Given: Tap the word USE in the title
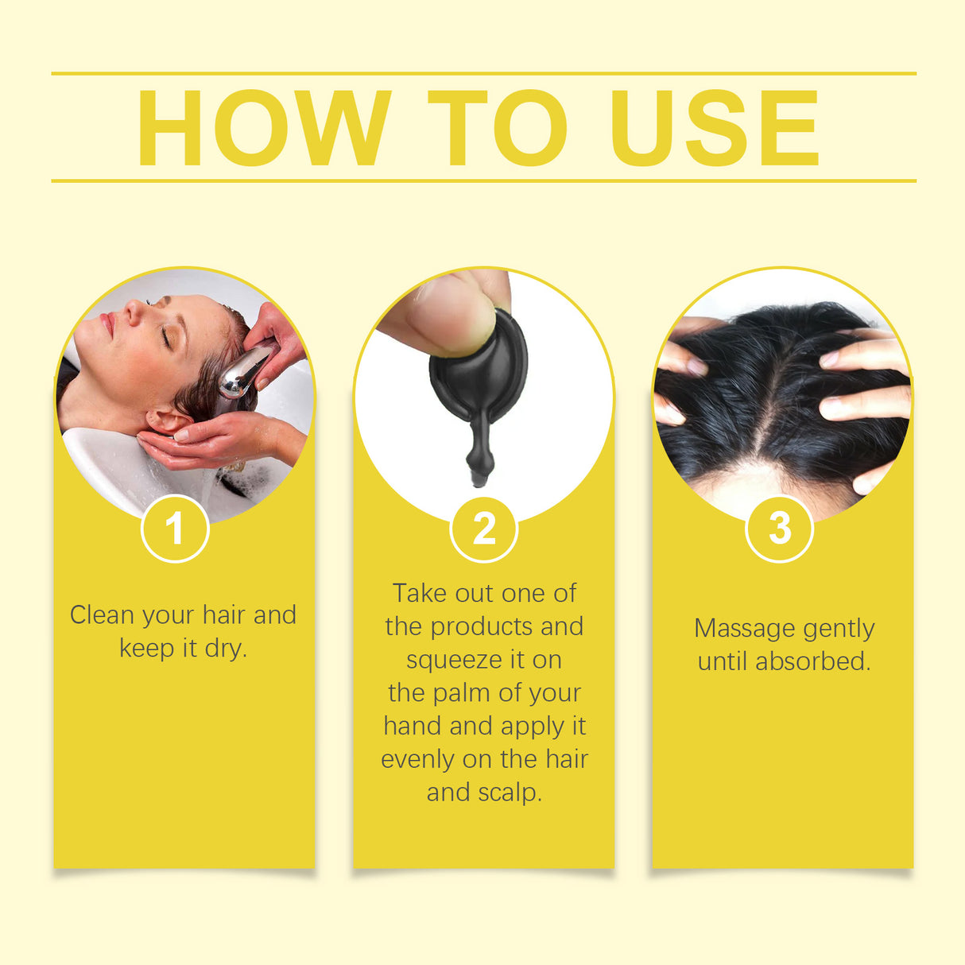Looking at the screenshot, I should pyautogui.click(x=713, y=128).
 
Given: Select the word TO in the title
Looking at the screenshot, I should pyautogui.click(x=497, y=128).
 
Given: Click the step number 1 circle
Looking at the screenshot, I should pyautogui.click(x=175, y=529).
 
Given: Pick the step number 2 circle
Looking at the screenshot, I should pyautogui.click(x=483, y=529).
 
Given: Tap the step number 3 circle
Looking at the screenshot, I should pyautogui.click(x=780, y=528).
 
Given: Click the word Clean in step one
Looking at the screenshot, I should pyautogui.click(x=102, y=615).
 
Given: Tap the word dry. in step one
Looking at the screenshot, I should pyautogui.click(x=227, y=649).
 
